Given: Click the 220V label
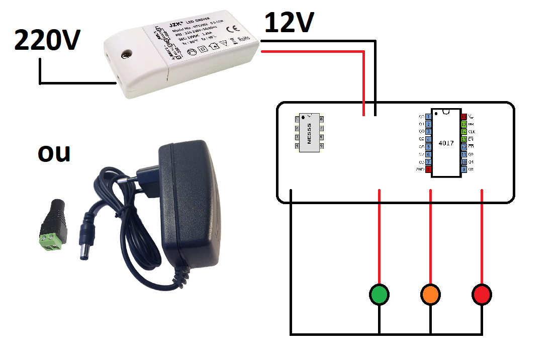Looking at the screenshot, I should pyautogui.click(x=47, y=40).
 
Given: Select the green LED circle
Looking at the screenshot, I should pyautogui.click(x=380, y=295).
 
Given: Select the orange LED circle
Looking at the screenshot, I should pyautogui.click(x=431, y=295).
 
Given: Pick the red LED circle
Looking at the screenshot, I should pyautogui.click(x=482, y=295).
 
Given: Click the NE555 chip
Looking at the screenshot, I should pyautogui.click(x=309, y=132).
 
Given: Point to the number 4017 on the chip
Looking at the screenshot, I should pyautogui.click(x=446, y=143).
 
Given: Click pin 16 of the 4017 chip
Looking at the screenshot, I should pyautogui.click(x=463, y=117).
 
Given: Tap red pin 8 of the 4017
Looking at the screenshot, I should pyautogui.click(x=428, y=170).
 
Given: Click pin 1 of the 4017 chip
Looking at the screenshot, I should pyautogui.click(x=428, y=117).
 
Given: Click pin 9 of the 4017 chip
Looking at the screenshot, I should pyautogui.click(x=463, y=170).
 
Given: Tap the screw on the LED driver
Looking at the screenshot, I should pyautogui.click(x=127, y=52).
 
